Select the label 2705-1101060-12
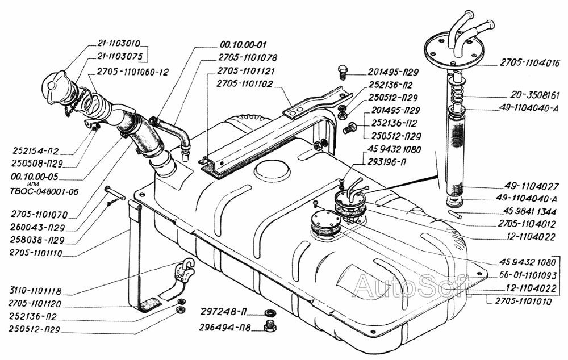tap(133, 72)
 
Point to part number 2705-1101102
tap(245, 83)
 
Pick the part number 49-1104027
tap(532, 186)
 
